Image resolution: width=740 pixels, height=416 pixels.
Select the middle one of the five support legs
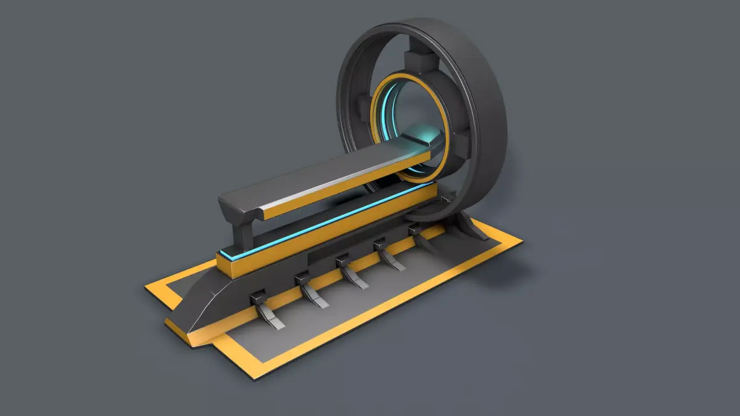(x=351, y=274)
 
